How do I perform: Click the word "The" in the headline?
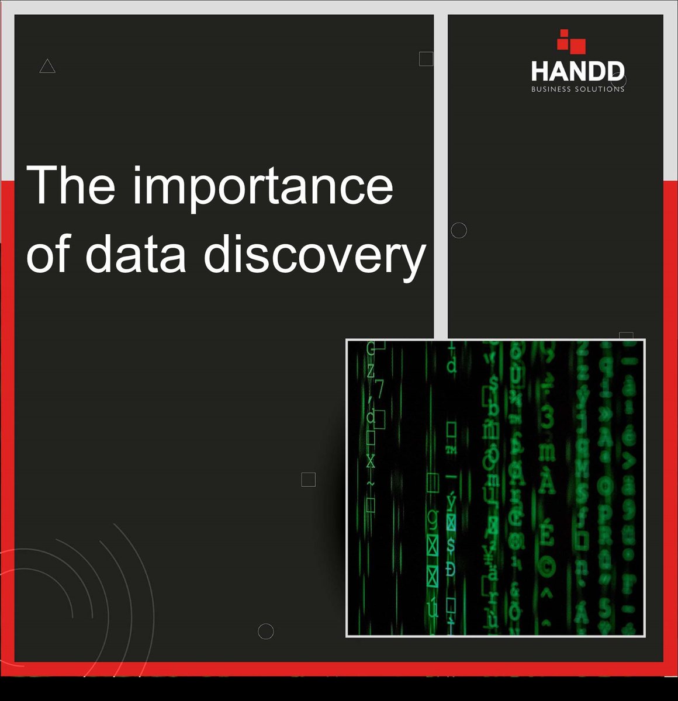tap(71, 185)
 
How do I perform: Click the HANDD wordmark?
tap(577, 72)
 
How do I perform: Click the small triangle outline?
tap(47, 67)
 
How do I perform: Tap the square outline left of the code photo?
tap(308, 480)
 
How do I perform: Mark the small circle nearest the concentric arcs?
tap(266, 631)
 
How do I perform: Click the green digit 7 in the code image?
tap(379, 388)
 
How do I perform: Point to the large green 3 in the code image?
tap(547, 419)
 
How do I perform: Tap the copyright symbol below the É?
tap(547, 565)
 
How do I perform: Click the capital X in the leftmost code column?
tap(371, 461)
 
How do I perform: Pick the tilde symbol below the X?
tap(371, 484)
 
